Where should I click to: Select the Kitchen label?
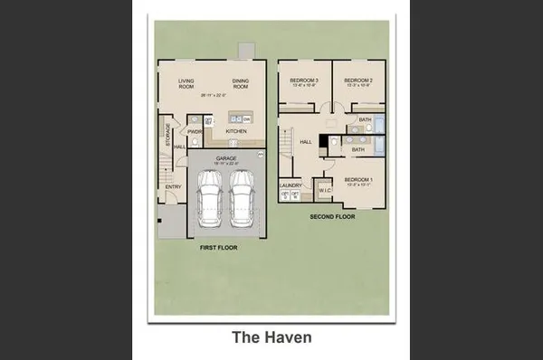(x=236, y=131)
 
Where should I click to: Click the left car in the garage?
(x=209, y=201)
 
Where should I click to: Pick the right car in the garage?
(x=243, y=201)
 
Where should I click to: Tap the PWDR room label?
(x=195, y=130)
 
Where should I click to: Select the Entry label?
(x=174, y=187)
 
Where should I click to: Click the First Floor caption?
(x=217, y=246)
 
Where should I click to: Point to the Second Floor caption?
(x=333, y=217)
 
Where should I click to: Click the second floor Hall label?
(x=306, y=141)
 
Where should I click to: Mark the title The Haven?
(x=271, y=337)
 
